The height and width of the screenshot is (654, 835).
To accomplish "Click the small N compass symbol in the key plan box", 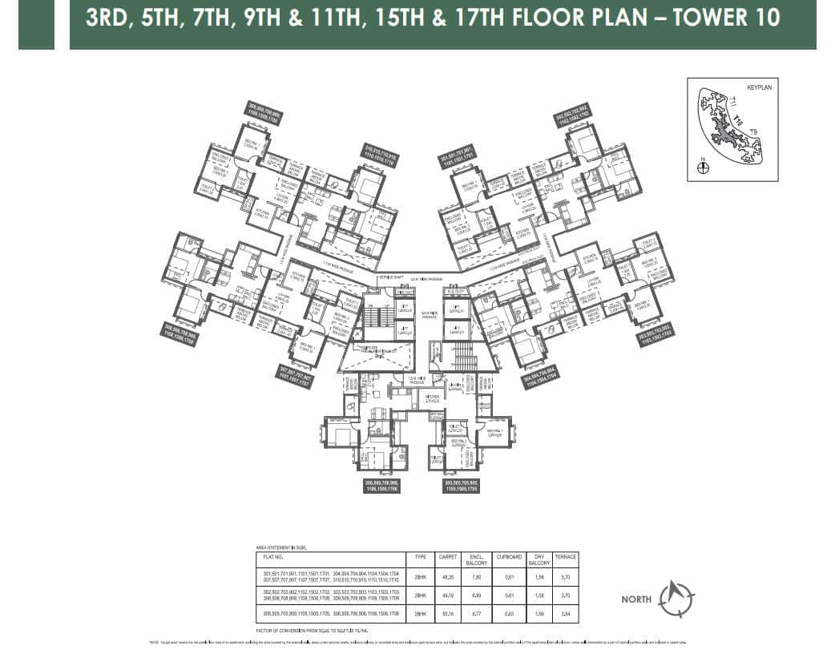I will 703,168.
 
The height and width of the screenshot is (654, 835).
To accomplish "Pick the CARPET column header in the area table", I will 447,556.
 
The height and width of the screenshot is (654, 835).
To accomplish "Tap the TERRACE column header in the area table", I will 565,556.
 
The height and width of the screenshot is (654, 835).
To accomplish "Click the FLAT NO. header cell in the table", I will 272,556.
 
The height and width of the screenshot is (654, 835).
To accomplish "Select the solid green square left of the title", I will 36,25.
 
